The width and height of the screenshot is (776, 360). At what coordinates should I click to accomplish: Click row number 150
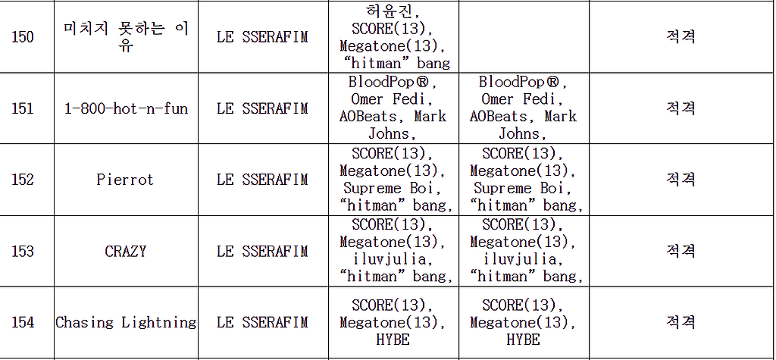pos(23,37)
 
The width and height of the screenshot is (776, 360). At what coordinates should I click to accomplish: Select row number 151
pos(23,108)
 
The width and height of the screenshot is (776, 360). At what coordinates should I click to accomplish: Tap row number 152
pos(23,180)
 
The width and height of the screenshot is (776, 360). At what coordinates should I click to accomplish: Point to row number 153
pos(23,251)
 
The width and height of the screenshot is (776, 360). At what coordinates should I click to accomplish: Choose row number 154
pos(23,322)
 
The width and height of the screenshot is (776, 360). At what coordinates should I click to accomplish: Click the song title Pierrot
pos(125,180)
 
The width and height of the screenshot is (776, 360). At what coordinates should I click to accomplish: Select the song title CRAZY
pos(125,251)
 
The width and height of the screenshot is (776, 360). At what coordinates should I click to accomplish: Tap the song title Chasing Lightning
pos(125,322)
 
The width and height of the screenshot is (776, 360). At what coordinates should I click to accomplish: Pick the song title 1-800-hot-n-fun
pos(125,108)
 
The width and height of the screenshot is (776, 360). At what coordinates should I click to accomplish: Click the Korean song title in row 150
pos(125,37)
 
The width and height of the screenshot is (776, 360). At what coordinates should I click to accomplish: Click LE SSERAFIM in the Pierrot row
pos(262,180)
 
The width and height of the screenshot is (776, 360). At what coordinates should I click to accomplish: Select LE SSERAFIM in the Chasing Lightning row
pos(262,322)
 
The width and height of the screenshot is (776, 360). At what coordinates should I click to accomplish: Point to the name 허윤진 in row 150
pos(393,11)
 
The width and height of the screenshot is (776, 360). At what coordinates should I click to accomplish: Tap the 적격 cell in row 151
pos(681,108)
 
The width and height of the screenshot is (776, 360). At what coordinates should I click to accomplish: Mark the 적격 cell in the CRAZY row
pos(681,251)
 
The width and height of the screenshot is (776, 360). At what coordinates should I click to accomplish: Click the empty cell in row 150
pos(524,37)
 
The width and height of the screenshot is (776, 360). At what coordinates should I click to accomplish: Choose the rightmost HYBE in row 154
pos(523,340)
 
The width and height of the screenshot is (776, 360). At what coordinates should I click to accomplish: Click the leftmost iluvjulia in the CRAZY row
pos(393,259)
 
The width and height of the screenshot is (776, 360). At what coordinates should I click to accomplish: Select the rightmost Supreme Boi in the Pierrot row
pos(523,188)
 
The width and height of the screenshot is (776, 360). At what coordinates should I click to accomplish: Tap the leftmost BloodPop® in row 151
pos(393,82)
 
